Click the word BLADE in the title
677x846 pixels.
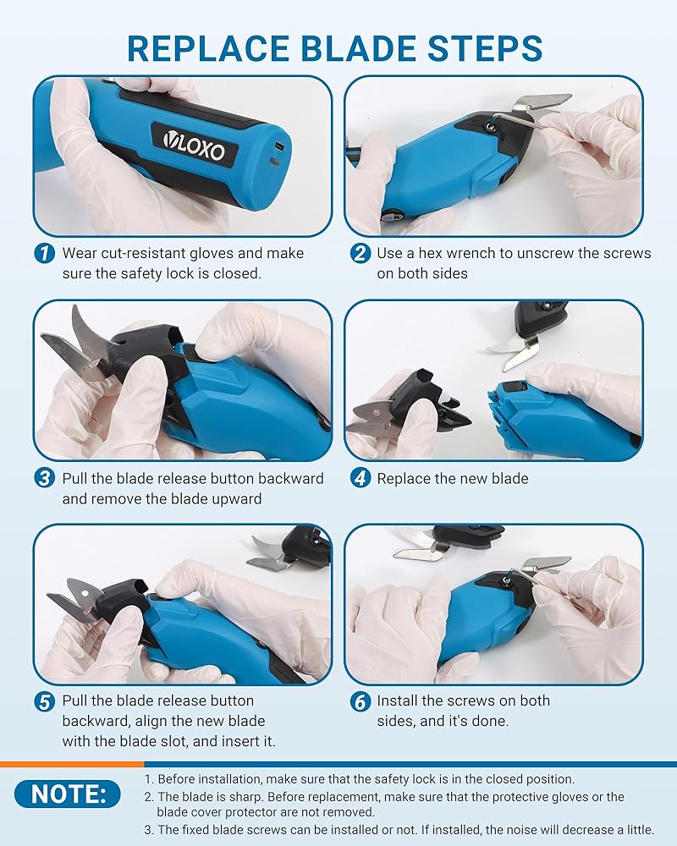[359, 48]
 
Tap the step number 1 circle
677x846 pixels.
[44, 253]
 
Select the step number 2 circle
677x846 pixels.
[361, 253]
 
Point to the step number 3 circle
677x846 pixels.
[44, 478]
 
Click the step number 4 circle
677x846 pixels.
[361, 478]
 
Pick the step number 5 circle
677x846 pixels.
[44, 701]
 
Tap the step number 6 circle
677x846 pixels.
[361, 701]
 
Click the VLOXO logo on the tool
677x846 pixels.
[195, 145]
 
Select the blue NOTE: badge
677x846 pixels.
[68, 794]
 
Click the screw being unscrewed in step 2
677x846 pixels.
[491, 126]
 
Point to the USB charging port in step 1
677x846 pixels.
[278, 146]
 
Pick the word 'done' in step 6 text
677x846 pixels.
[489, 722]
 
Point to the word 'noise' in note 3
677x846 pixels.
[527, 829]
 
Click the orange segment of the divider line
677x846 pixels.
[72, 764]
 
